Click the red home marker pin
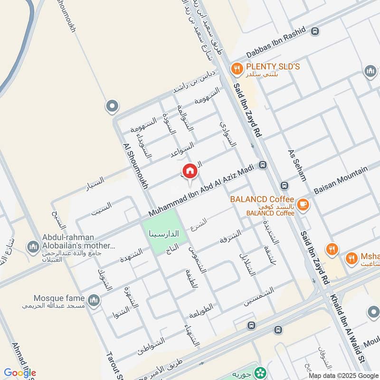(189, 171)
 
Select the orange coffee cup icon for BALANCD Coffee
(304, 205)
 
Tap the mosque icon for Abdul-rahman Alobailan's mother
(33, 246)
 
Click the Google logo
(20, 373)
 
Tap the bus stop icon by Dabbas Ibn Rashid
(314, 31)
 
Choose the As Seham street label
(297, 165)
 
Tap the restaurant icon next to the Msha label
(351, 258)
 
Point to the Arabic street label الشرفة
(230, 236)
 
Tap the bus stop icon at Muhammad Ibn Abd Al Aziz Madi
(263, 165)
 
